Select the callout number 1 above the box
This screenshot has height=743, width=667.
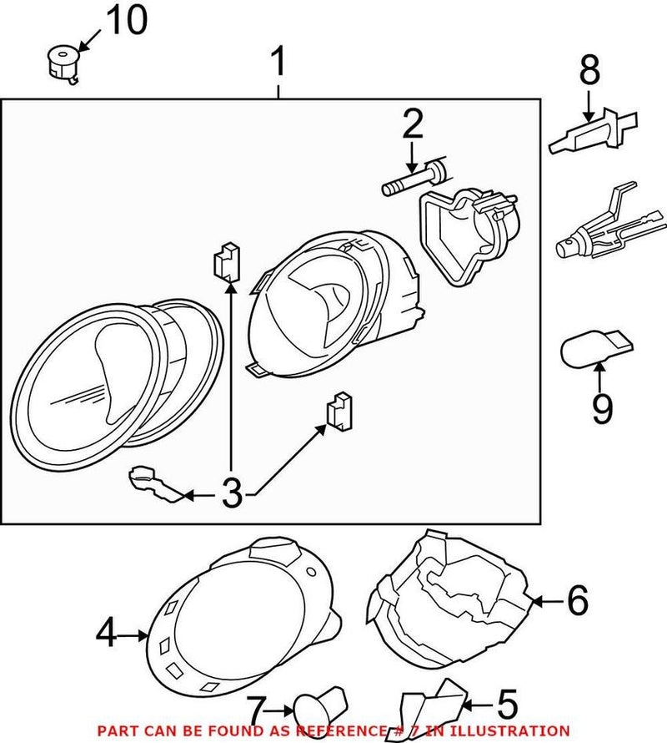[x=278, y=63]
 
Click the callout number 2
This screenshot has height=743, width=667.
[x=412, y=124]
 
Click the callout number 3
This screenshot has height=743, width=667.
[x=232, y=494]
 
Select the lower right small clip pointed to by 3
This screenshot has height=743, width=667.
[x=339, y=412]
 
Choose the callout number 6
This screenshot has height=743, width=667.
[x=577, y=599]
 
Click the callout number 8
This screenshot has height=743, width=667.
[x=589, y=71]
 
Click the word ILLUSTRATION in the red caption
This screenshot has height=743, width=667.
[x=516, y=730]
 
